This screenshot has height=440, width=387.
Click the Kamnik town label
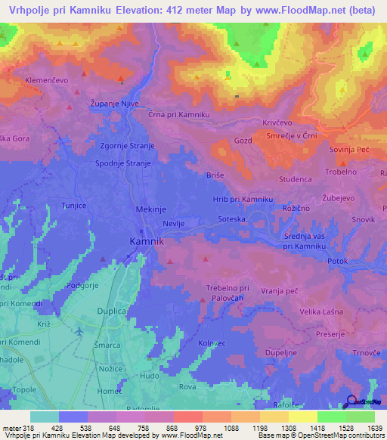[145, 240]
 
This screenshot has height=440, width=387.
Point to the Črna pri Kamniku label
[178, 113]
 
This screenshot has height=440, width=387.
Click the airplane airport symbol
[80, 331]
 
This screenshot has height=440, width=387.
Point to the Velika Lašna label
[321, 312]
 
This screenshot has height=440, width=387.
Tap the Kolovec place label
[212, 344]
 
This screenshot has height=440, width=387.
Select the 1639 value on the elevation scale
[373, 428]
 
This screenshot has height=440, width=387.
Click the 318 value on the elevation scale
[26, 428]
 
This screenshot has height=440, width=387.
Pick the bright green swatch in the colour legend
[332, 417]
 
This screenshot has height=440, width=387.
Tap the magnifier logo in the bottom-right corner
[351, 401]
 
